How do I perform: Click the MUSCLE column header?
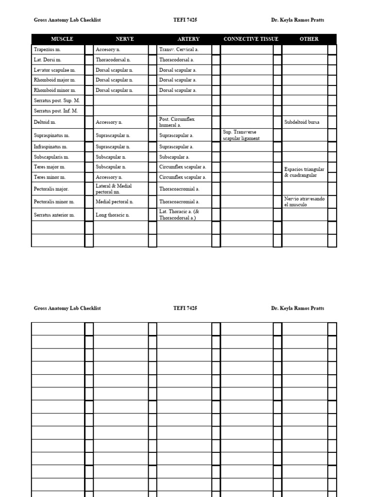coord(62,39)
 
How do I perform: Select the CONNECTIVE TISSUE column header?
coord(251,39)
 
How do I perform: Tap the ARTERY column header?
coord(188,39)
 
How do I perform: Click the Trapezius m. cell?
coord(48,50)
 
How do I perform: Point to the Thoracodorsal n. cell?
coord(113,60)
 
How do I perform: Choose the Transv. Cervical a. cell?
coord(179,50)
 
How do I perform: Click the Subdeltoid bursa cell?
coord(302,122)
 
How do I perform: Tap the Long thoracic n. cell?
coord(113,215)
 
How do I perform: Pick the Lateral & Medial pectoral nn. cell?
coord(114,189)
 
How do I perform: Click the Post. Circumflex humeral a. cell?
coord(177,122)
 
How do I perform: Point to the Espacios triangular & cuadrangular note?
coord(304,172)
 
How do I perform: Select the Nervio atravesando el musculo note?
coord(304,202)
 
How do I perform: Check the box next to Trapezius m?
coord(89,50)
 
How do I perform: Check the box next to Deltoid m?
coord(89,122)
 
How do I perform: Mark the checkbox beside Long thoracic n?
coord(153,215)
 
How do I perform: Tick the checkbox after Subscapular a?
coord(216,157)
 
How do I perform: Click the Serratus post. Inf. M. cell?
coord(56,111)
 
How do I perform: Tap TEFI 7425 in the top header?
coord(185,20)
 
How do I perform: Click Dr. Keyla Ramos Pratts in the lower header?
coord(297,308)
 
